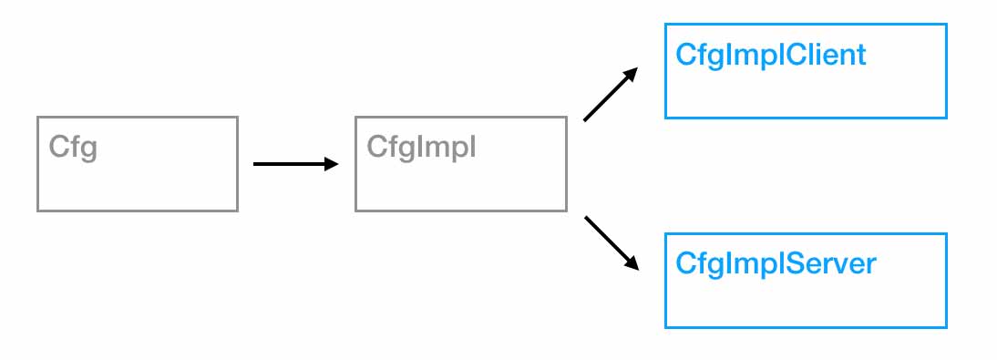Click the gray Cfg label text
pyautogui.click(x=73, y=147)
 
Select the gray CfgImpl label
pyautogui.click(x=421, y=147)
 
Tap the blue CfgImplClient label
pyautogui.click(x=770, y=56)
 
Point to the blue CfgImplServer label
pyautogui.click(x=776, y=264)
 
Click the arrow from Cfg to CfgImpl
pyautogui.click(x=294, y=164)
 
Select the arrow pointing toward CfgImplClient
pyautogui.click(x=609, y=95)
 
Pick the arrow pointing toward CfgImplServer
pyautogui.click(x=610, y=242)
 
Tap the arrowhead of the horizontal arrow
pyautogui.click(x=332, y=164)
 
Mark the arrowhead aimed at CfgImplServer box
pyautogui.click(x=632, y=263)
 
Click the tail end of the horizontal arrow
pyautogui.click(x=254, y=164)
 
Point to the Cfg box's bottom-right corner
pyautogui.click(x=237, y=211)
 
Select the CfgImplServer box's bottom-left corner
pyautogui.click(x=666, y=326)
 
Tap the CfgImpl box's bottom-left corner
pyautogui.click(x=355, y=211)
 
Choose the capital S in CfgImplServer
pyautogui.click(x=786, y=264)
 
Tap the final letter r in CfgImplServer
pyautogui.click(x=870, y=266)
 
